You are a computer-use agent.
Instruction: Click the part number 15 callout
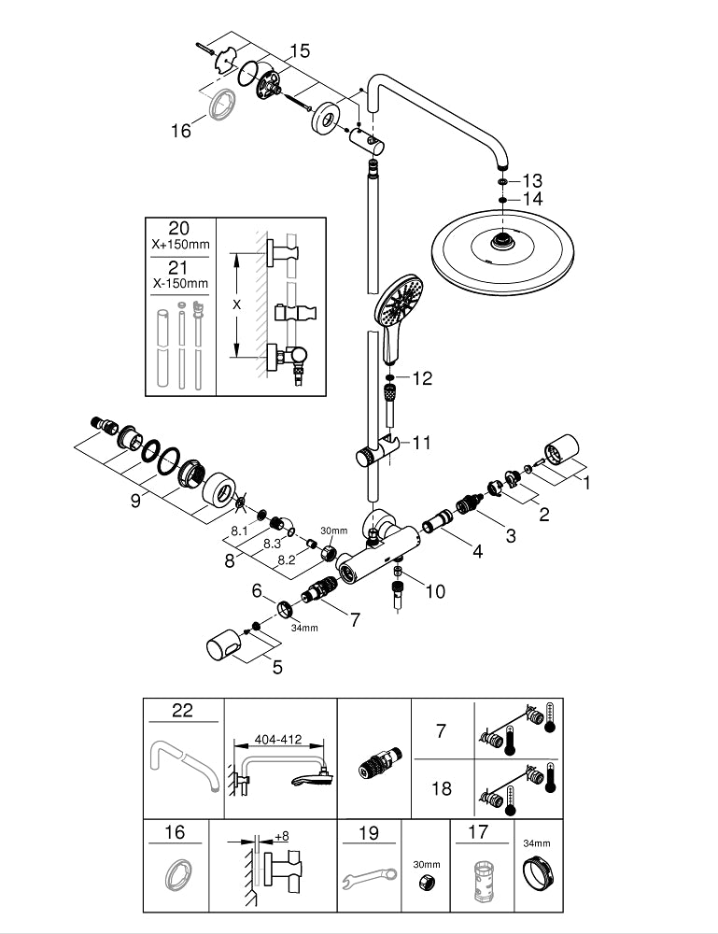pos(299,50)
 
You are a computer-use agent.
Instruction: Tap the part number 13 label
pos(532,179)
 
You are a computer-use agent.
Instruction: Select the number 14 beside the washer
pos(532,199)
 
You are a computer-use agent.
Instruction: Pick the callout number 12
pos(423,378)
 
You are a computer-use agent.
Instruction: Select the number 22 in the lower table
pos(182,712)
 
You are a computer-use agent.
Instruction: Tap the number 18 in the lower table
pos(442,788)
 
